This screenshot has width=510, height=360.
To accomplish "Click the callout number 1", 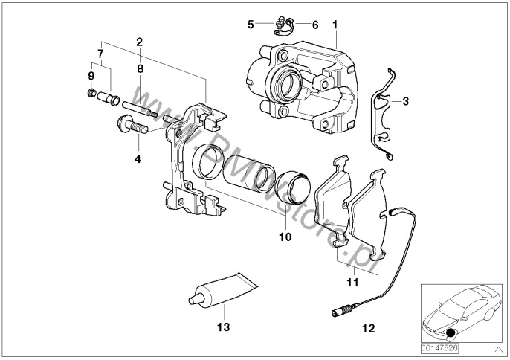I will (336, 25).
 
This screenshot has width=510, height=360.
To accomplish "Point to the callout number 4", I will (137, 158).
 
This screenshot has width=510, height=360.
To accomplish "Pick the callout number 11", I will (352, 283).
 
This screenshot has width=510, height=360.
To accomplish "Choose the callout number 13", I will (219, 326).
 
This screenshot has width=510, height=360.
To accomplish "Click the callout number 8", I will (139, 68).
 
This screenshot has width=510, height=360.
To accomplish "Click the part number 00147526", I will (439, 347).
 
